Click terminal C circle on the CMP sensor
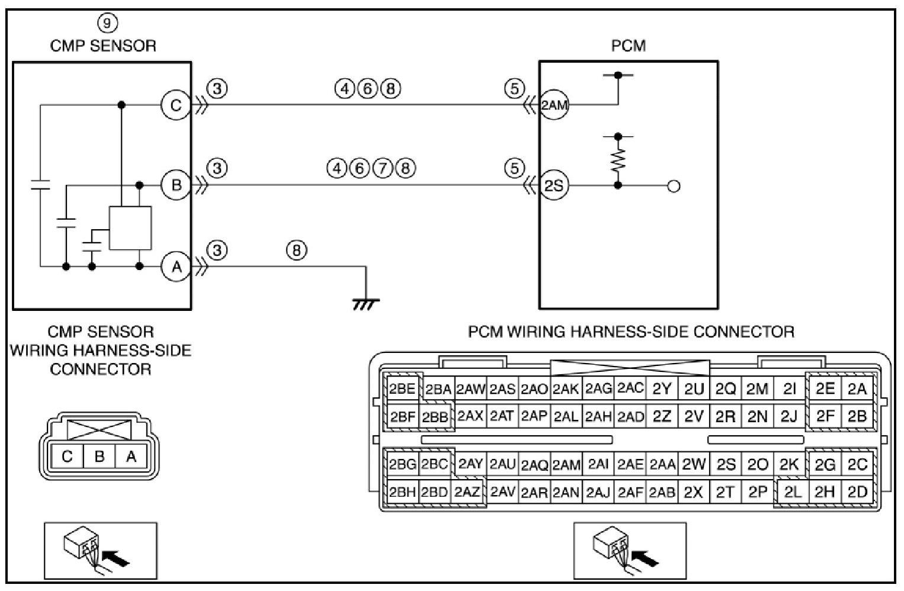[x=175, y=105]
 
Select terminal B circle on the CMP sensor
[x=175, y=185]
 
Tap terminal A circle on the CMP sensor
[x=175, y=266]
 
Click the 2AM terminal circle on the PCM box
[x=554, y=105]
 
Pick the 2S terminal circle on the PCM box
[x=554, y=185]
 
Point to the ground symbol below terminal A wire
[x=366, y=304]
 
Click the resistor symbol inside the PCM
[x=618, y=160]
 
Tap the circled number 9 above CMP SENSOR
[x=107, y=23]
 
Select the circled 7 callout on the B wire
[x=383, y=168]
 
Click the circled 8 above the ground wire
[x=297, y=250]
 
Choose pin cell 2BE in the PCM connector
[x=402, y=389]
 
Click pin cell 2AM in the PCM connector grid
[x=566, y=465]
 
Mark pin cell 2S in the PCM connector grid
[x=726, y=465]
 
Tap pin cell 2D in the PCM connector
[x=857, y=492]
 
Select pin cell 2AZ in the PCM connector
[x=467, y=492]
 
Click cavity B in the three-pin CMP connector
[x=100, y=456]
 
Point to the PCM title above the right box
[x=629, y=46]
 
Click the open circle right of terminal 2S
[x=674, y=186]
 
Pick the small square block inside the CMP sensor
[x=130, y=228]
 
